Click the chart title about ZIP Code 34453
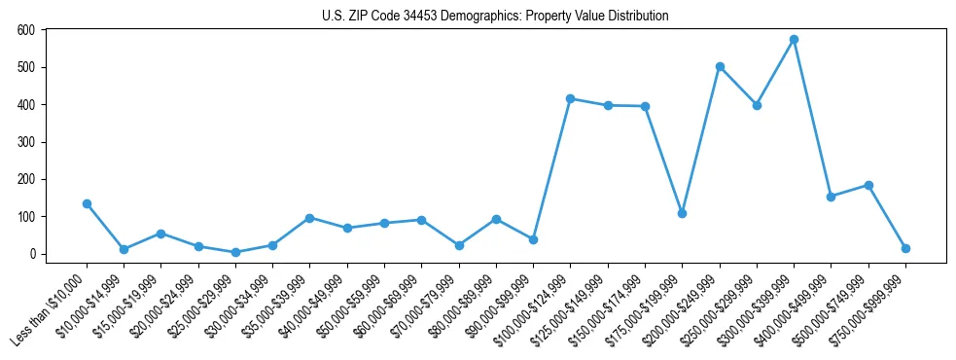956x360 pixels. pos(495,17)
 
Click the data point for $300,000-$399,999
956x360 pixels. pos(794,40)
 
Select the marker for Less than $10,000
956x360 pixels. pos(87,204)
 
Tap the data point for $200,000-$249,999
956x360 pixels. pos(720,67)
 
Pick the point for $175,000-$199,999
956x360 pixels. pos(682,213)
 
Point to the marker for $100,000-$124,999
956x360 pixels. pos(570,99)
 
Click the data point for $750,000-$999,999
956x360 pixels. pos(905,248)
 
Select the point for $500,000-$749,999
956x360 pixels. pos(868,185)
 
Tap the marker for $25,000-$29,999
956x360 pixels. pos(235,252)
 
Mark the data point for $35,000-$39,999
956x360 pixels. pos(309,218)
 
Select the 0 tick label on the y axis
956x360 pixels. pos(32,254)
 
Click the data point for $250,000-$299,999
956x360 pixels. pos(757,105)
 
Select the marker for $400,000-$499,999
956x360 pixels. pos(831,197)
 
